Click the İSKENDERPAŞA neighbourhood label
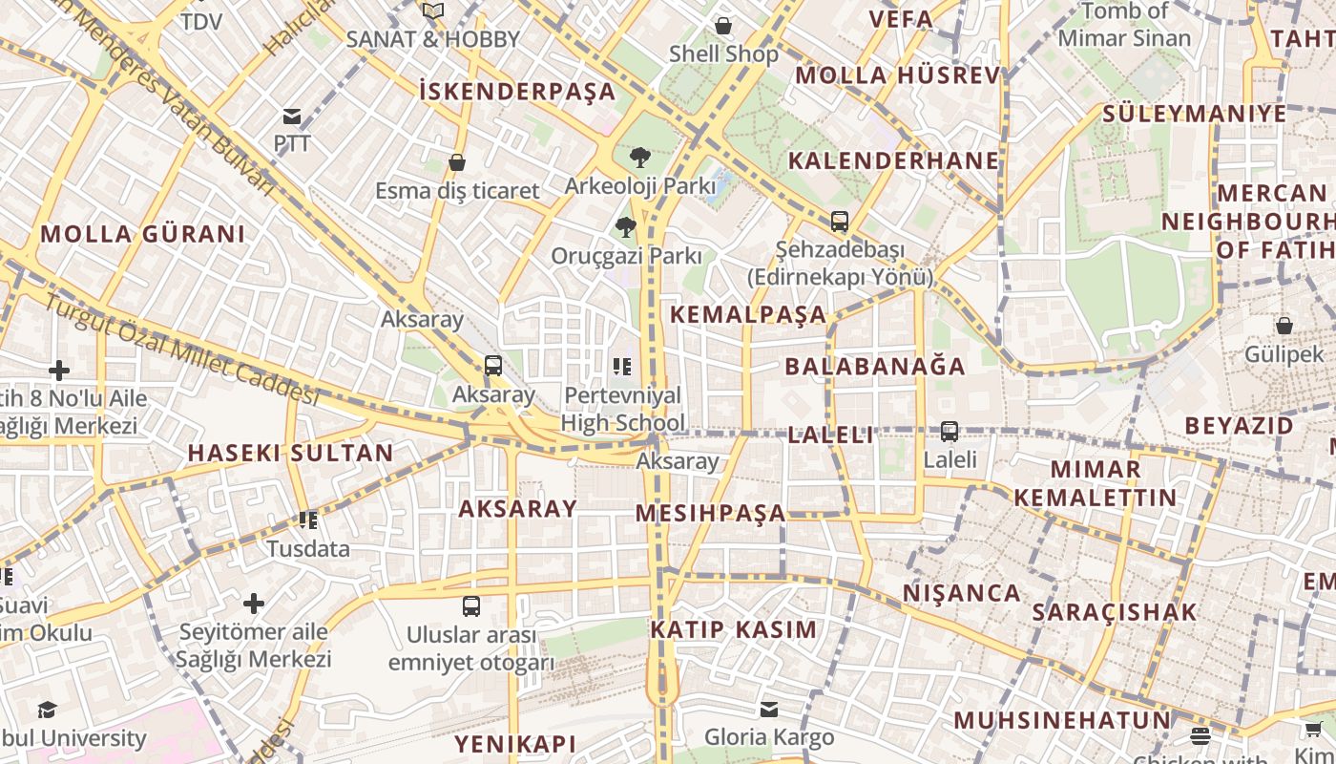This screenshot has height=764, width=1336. tap(517, 92)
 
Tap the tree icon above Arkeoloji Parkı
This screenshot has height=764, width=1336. tap(639, 158)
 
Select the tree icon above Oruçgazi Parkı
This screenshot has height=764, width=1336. tap(626, 227)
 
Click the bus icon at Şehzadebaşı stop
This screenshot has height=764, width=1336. tap(839, 222)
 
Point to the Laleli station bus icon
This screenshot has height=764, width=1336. tap(950, 432)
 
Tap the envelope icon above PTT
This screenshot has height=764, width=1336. tap(292, 117)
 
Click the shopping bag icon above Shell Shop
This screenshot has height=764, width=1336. tap(723, 26)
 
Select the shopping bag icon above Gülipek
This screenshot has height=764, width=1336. tap(1284, 326)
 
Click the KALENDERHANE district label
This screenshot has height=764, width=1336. tap(893, 160)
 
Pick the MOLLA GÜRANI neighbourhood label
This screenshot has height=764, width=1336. tap(143, 234)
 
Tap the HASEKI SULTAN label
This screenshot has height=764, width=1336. tap(290, 454)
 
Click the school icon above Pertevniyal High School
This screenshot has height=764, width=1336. tap(622, 367)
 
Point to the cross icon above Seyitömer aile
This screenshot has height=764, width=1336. tap(254, 604)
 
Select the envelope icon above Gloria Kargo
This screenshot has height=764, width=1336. tap(769, 710)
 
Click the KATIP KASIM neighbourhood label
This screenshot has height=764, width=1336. tap(734, 629)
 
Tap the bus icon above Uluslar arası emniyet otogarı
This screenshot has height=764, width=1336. tap(471, 606)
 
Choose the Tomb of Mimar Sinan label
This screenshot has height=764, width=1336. tap(1124, 25)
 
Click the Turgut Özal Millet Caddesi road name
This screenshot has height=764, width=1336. tap(181, 349)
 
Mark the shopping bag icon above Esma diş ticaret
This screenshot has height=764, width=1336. tap(457, 162)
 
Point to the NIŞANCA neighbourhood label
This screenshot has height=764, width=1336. tap(962, 593)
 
